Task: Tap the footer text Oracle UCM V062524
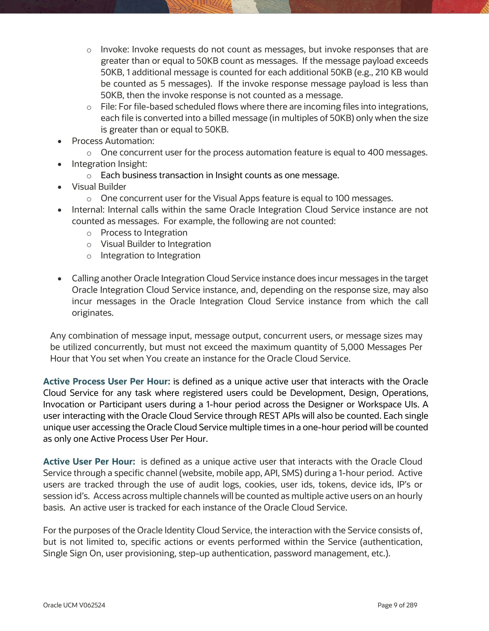point(74,605)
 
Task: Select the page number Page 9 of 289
point(397,605)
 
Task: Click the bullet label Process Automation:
point(113,141)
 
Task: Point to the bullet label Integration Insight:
point(110,164)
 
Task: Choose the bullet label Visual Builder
point(99,187)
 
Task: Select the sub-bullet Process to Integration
point(144,233)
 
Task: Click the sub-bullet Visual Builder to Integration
point(156,244)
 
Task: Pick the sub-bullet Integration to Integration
point(150,255)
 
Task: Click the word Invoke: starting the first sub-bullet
point(115,49)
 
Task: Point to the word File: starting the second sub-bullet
point(109,107)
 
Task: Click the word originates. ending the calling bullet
point(92,313)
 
